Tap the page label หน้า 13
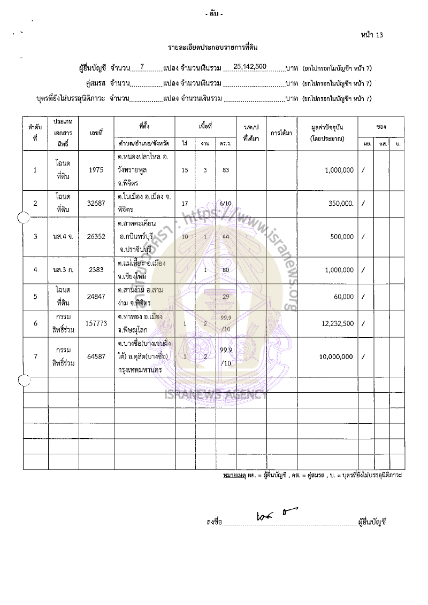pos(373,35)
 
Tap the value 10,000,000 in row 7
pos(332,356)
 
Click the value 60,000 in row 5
pos(343,297)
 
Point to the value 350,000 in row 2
pos(339,204)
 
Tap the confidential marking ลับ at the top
pos(214,14)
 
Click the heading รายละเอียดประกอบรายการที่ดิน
pos(213,48)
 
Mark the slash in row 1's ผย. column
pos(364,170)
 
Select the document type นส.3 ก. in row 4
pos(63,270)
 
